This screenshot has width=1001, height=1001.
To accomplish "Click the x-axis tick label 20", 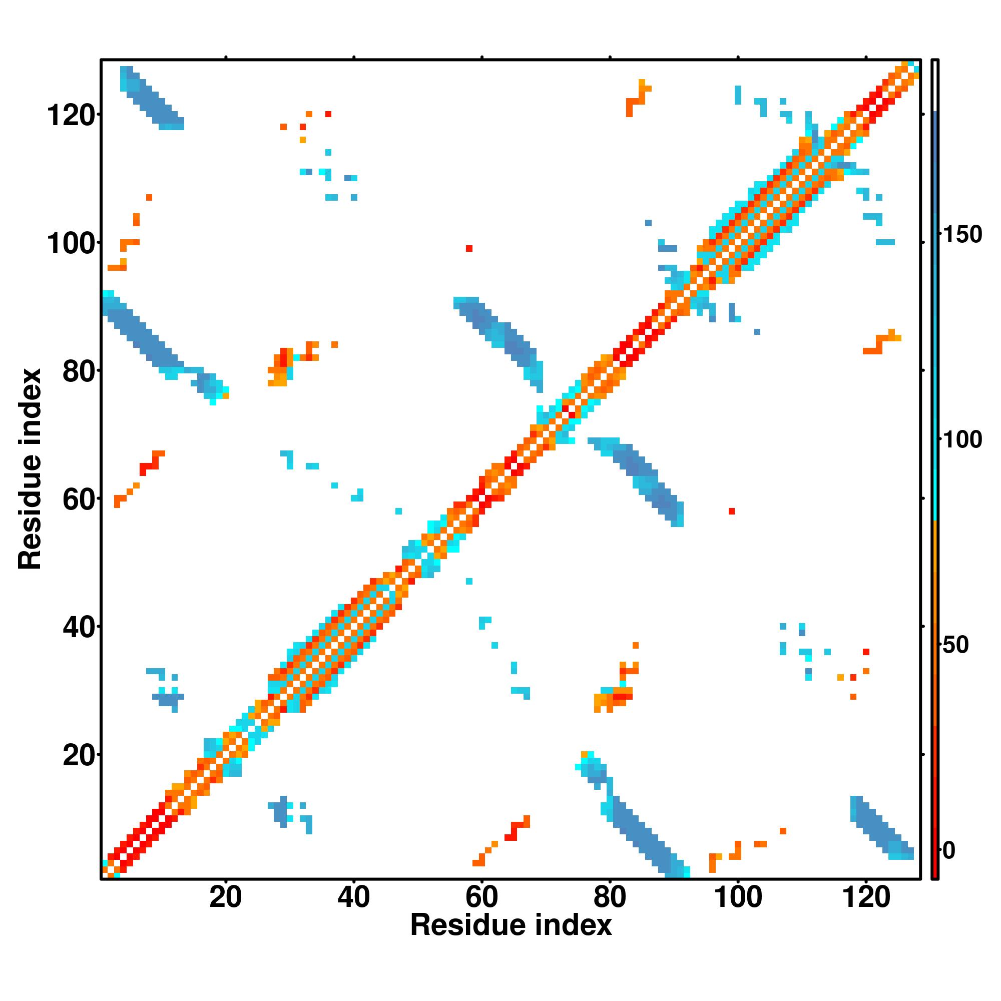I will (x=225, y=896).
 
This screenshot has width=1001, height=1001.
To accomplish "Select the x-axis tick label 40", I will (x=353, y=896).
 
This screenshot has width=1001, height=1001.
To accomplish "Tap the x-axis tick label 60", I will (x=482, y=896).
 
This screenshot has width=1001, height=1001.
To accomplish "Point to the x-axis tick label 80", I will (x=610, y=896).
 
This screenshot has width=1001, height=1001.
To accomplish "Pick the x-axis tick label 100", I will (x=738, y=896).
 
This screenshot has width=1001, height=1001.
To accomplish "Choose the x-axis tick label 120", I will (x=866, y=896).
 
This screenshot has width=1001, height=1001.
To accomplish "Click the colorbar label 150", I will (x=962, y=235).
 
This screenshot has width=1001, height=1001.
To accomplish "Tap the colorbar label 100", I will (x=962, y=440).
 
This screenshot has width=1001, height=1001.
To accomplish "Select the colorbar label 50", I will (x=956, y=645).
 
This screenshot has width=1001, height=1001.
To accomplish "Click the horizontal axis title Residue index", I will (x=511, y=925).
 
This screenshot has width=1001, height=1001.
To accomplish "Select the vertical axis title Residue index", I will (x=30, y=469).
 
